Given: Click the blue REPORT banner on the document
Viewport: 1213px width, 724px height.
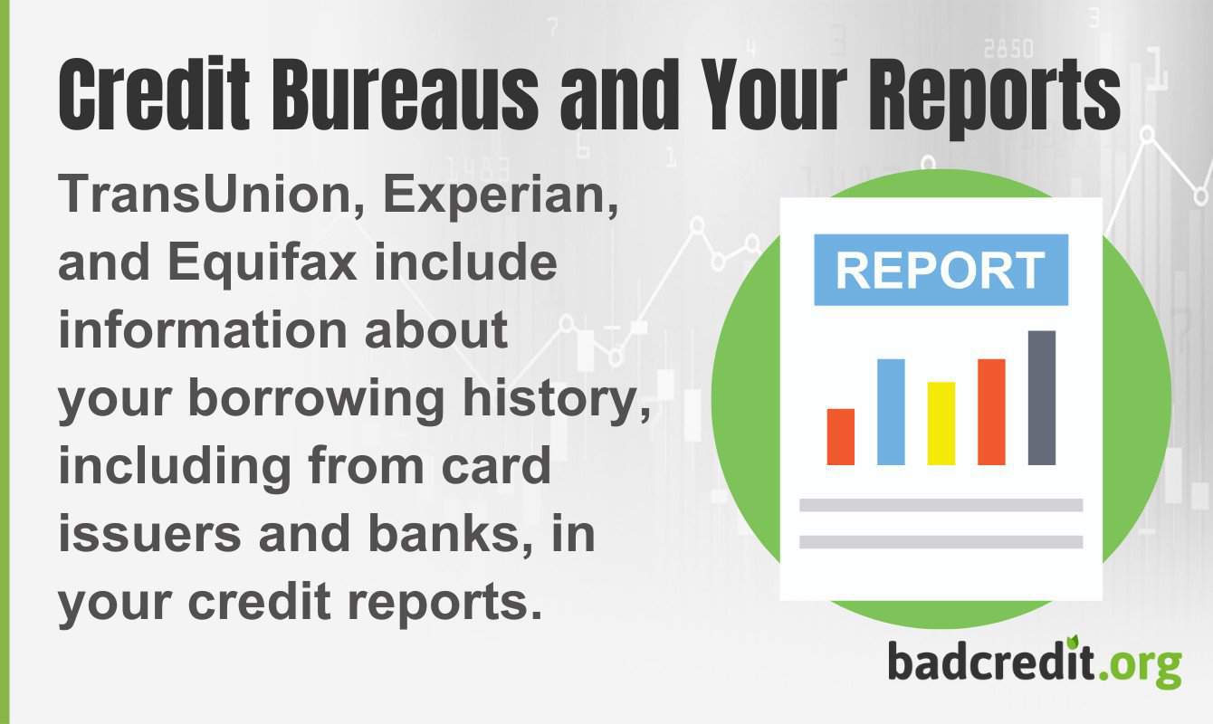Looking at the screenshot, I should point(941,270).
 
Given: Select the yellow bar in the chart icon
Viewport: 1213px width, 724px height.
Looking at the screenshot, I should point(941,423).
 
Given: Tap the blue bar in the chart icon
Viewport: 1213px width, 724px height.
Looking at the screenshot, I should point(891,412).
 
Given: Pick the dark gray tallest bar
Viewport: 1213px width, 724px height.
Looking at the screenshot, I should point(1042,397).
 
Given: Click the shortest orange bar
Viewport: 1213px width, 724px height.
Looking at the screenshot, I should point(841,436).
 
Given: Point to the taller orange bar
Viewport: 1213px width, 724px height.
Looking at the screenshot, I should point(991,412).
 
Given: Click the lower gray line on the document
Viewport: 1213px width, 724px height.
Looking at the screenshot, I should point(941,541).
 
